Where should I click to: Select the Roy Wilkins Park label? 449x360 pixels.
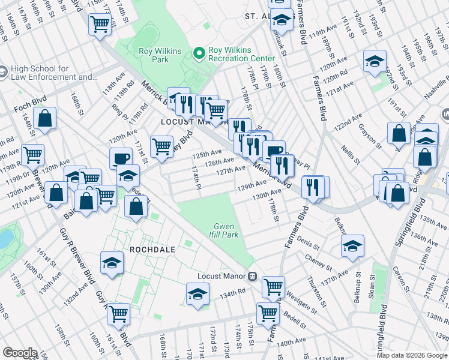pyautogui.click(x=160, y=55)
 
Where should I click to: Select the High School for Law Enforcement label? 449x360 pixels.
pyautogui.click(x=54, y=73)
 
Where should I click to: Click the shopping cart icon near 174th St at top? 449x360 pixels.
pyautogui.click(x=100, y=25)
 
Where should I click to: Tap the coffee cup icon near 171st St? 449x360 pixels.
pyautogui.click(x=121, y=158)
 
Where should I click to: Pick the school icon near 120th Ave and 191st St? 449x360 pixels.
pyautogui.click(x=375, y=61)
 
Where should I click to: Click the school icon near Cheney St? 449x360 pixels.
pyautogui.click(x=352, y=245)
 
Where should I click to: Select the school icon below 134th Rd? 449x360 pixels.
pyautogui.click(x=197, y=294)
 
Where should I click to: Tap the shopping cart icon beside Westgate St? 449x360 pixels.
pyautogui.click(x=273, y=286)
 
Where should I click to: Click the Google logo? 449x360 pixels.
pyautogui.click(x=20, y=353)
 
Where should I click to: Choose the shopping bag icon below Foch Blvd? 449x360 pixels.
pyautogui.click(x=45, y=118)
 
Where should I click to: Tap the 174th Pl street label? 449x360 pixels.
pyautogui.click(x=195, y=177)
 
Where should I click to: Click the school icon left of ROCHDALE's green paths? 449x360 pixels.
pyautogui.click(x=112, y=264)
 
